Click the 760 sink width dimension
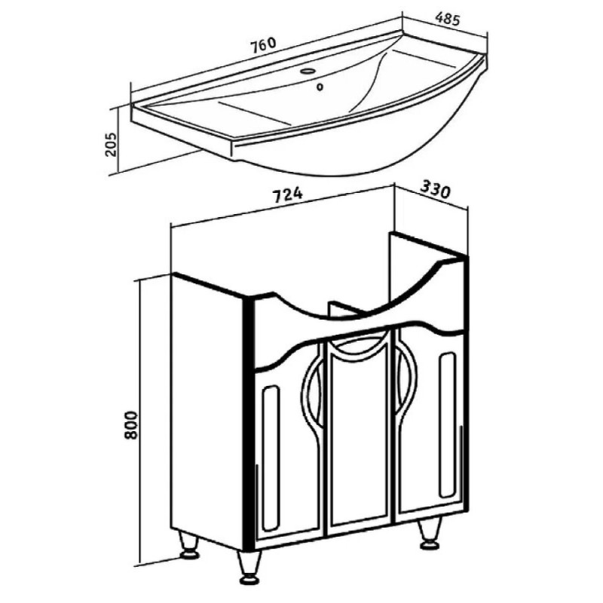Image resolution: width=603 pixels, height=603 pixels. pos(263,44)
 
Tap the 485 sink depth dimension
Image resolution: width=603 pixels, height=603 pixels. pos(448,19)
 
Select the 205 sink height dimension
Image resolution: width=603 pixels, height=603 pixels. pos(112,145)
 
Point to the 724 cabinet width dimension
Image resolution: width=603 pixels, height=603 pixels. pos(288,195)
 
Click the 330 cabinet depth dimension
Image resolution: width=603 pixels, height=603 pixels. pos(435,189)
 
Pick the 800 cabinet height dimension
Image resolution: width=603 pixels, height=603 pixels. pos(131,425)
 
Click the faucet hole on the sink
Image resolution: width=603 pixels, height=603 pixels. pos(308,71)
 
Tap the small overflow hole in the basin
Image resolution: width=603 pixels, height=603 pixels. pos(320,87)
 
